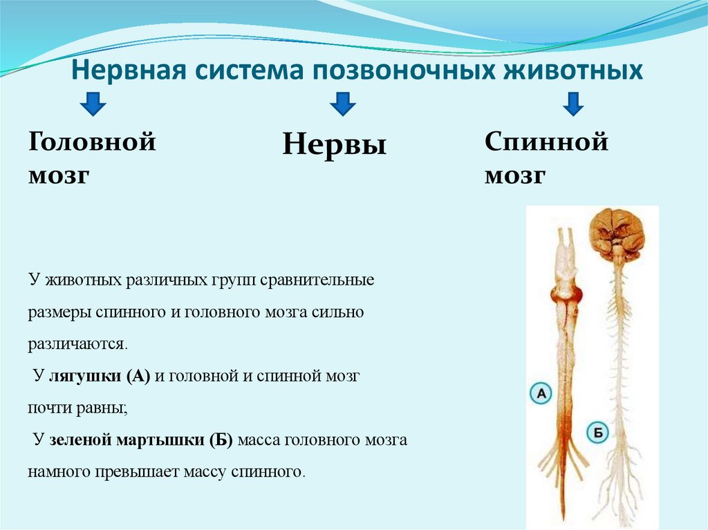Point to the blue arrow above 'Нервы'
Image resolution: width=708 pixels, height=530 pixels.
pyautogui.click(x=342, y=104)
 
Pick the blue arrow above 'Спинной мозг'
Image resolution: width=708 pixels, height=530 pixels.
pyautogui.click(x=573, y=104)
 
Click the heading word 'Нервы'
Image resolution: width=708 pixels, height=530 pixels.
pyautogui.click(x=334, y=145)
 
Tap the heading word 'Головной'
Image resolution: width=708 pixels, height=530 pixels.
pyautogui.click(x=92, y=143)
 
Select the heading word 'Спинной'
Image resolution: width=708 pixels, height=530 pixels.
pyautogui.click(x=546, y=143)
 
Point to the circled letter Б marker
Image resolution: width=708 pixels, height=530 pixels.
pyautogui.click(x=597, y=433)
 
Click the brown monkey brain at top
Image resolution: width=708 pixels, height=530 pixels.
pyautogui.click(x=617, y=232)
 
